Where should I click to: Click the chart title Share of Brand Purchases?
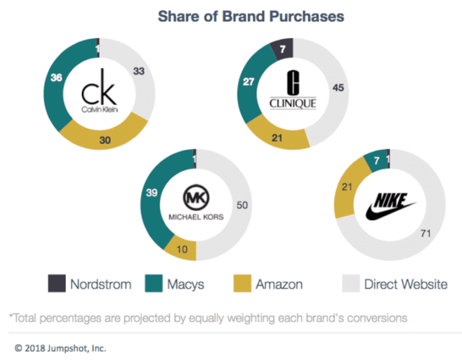251,16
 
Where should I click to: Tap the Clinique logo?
292,92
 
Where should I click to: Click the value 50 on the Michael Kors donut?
242,206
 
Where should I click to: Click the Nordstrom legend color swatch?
57,284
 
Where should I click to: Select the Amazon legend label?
279,285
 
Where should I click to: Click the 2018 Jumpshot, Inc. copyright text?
61,347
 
